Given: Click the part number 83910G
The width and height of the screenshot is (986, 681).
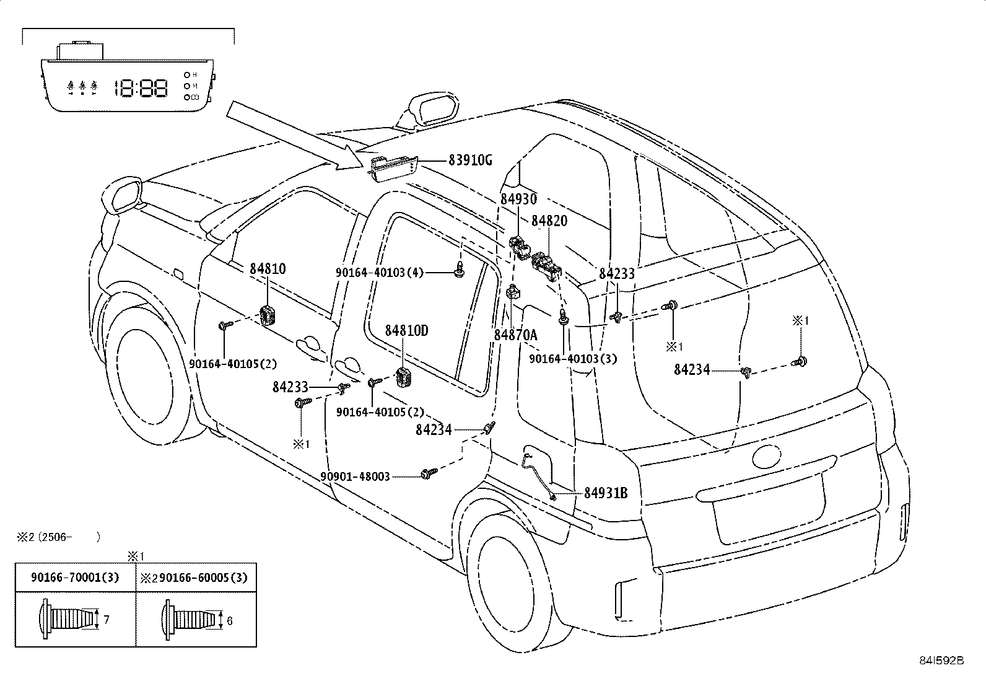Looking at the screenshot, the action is tap(470, 160).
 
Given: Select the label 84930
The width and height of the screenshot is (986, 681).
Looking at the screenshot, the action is tap(518, 199).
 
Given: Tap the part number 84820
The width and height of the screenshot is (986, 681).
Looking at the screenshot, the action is tap(549, 221).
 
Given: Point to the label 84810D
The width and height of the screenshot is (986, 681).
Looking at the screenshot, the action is tap(406, 330).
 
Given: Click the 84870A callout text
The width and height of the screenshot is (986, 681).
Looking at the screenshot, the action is tap(515, 335).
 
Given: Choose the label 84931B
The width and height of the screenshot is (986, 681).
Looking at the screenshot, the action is tap(606, 493).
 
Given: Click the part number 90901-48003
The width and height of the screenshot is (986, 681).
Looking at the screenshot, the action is tap(355, 477).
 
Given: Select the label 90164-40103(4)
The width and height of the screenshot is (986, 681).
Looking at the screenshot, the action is tap(380, 273).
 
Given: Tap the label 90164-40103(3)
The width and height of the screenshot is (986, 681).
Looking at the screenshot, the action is tap(573, 359).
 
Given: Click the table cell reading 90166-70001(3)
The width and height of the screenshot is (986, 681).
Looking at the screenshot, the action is tap(76, 577).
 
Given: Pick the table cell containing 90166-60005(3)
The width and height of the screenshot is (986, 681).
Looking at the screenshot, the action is tap(196, 577).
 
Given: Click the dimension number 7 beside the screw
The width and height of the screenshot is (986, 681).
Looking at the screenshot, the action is tap(106, 620).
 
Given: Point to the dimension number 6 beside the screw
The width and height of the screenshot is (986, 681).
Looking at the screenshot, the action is tap(229, 621).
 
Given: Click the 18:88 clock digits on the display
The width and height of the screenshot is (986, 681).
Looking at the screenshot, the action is tap(141, 88).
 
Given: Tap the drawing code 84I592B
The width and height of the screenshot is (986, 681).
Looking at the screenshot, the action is tap(941, 661).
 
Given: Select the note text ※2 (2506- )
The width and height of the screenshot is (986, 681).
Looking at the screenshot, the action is tap(59, 537).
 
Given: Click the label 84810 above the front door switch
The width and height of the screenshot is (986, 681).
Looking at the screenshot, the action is tap(268, 269).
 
